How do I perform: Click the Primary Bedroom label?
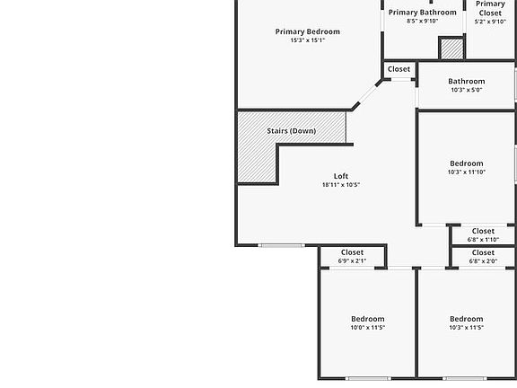point(307,31)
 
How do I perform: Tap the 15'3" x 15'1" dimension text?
point(308,40)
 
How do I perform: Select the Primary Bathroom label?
point(423,13)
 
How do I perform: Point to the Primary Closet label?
point(490,9)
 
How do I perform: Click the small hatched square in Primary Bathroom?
point(451,48)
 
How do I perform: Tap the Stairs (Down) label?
point(292,131)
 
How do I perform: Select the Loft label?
point(341,176)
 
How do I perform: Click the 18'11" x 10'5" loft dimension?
point(341,185)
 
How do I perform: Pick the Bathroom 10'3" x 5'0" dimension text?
point(467,90)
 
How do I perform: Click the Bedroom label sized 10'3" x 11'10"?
point(467,163)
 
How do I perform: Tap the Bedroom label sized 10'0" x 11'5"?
point(368,319)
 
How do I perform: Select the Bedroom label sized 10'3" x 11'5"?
point(467,319)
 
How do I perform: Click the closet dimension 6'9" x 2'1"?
point(352,261)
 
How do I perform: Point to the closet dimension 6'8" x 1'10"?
point(483,240)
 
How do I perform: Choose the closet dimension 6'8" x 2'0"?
point(483,261)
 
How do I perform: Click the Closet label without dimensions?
point(399,69)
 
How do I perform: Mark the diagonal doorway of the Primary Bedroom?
point(368,94)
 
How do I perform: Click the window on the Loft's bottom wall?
point(281,245)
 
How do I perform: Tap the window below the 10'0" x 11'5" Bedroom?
point(368,378)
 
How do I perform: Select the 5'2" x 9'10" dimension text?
point(490,22)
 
